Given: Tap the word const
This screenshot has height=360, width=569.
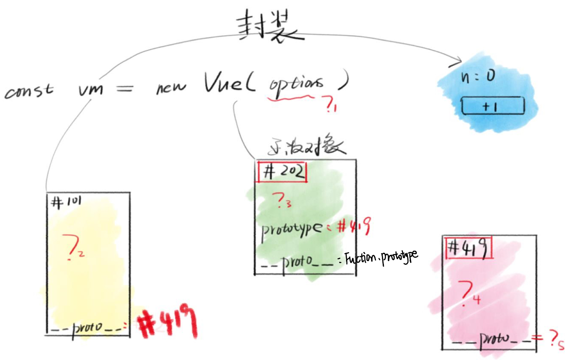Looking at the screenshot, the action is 29,90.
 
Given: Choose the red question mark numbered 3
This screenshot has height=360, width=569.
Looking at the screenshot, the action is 280,202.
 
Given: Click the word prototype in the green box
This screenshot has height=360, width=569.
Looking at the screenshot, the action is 292,228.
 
